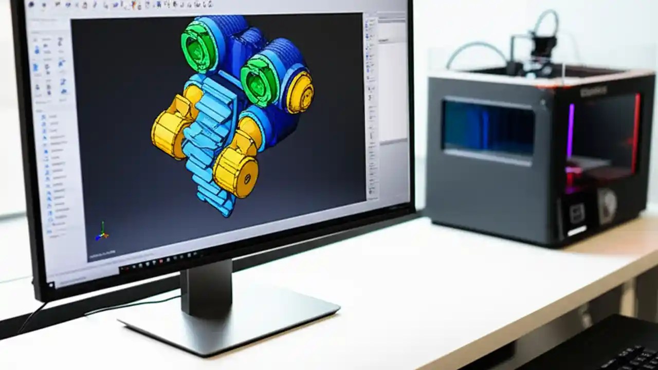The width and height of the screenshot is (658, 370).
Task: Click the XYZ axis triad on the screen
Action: (102, 233)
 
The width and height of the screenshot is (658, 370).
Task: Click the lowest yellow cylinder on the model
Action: (236, 174)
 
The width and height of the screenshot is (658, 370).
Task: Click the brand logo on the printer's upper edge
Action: (593, 91)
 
